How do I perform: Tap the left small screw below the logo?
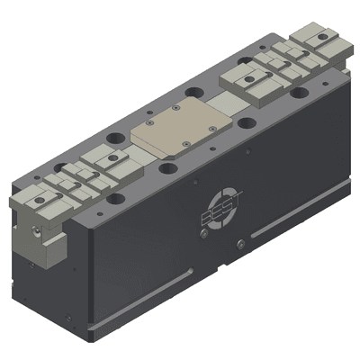click(x=205, y=236)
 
